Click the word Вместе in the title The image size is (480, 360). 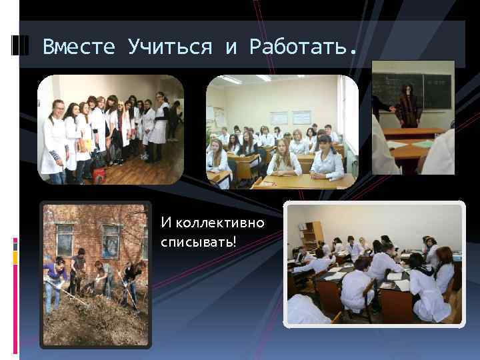click(x=77, y=47)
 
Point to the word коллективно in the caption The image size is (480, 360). click(x=212, y=222)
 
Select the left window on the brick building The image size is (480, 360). click(x=65, y=239)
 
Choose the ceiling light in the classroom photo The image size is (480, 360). click(x=231, y=80)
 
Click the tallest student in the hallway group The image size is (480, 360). click(x=161, y=120)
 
